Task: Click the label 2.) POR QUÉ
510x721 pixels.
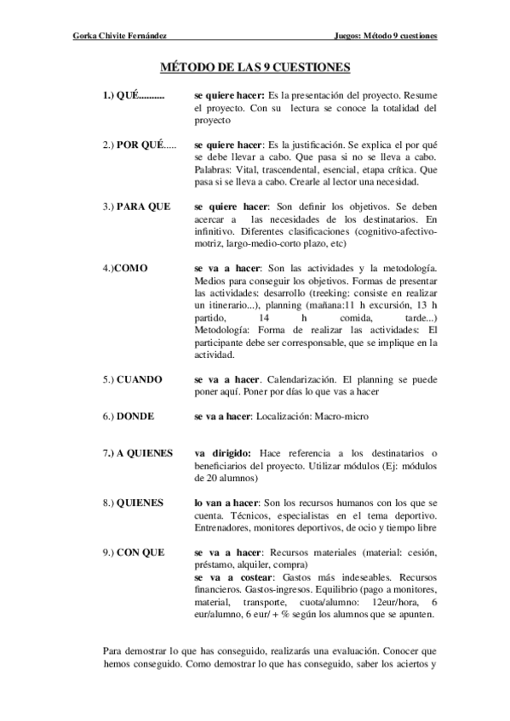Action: pos(139,145)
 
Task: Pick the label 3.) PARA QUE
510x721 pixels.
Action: pos(136,207)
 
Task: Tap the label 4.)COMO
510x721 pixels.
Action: pos(124,268)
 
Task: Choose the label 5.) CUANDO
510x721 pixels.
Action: pos(132,378)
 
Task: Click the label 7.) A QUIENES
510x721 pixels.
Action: pos(138,453)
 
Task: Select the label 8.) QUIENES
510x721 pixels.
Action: pos(133,502)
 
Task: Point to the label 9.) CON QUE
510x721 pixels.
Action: pos(133,552)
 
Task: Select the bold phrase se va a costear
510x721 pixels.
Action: pos(236,576)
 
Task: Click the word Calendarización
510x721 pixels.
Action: pos(306,378)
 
